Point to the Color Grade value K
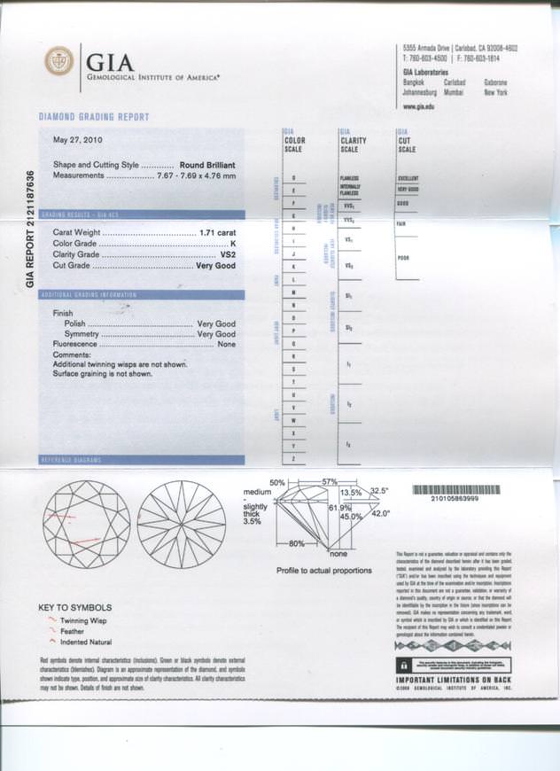(233, 243)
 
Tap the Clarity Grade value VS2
(228, 254)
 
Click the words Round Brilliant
(207, 165)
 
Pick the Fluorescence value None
(226, 344)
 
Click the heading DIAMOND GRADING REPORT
(95, 117)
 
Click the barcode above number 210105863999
(455, 489)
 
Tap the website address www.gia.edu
(418, 106)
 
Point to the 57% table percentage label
(330, 481)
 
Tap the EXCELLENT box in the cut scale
(408, 178)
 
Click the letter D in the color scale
(293, 179)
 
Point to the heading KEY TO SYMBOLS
(75, 607)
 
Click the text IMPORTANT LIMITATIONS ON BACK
(453, 680)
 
